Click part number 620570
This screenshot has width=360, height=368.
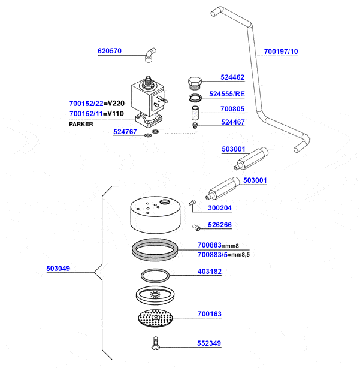pyautogui.click(x=110, y=52)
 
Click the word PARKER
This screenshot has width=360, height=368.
pyautogui.click(x=81, y=124)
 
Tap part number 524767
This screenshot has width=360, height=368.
pyautogui.click(x=126, y=132)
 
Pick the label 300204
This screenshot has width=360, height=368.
pyautogui.click(x=220, y=208)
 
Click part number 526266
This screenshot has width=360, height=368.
pyautogui.click(x=220, y=225)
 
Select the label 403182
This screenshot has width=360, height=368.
pyautogui.click(x=209, y=272)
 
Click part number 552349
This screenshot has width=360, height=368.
pyautogui.click(x=209, y=343)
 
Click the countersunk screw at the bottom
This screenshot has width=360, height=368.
pyautogui.click(x=155, y=343)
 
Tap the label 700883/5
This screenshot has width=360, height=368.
pyautogui.click(x=209, y=255)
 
